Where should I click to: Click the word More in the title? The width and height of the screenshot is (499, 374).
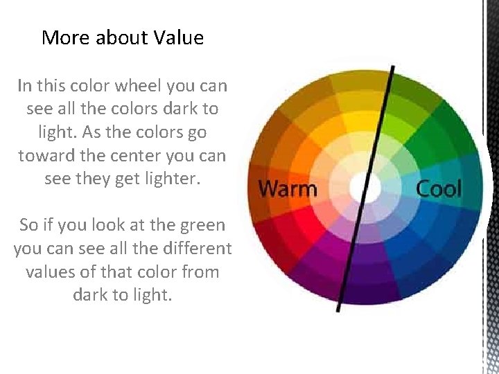click(x=67, y=37)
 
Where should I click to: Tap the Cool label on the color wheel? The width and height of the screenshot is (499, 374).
click(x=438, y=188)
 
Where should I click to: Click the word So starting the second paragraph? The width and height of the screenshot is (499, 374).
click(x=28, y=225)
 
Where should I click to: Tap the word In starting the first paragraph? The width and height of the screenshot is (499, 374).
click(x=24, y=86)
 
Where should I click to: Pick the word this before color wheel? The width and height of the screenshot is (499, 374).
click(x=52, y=86)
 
